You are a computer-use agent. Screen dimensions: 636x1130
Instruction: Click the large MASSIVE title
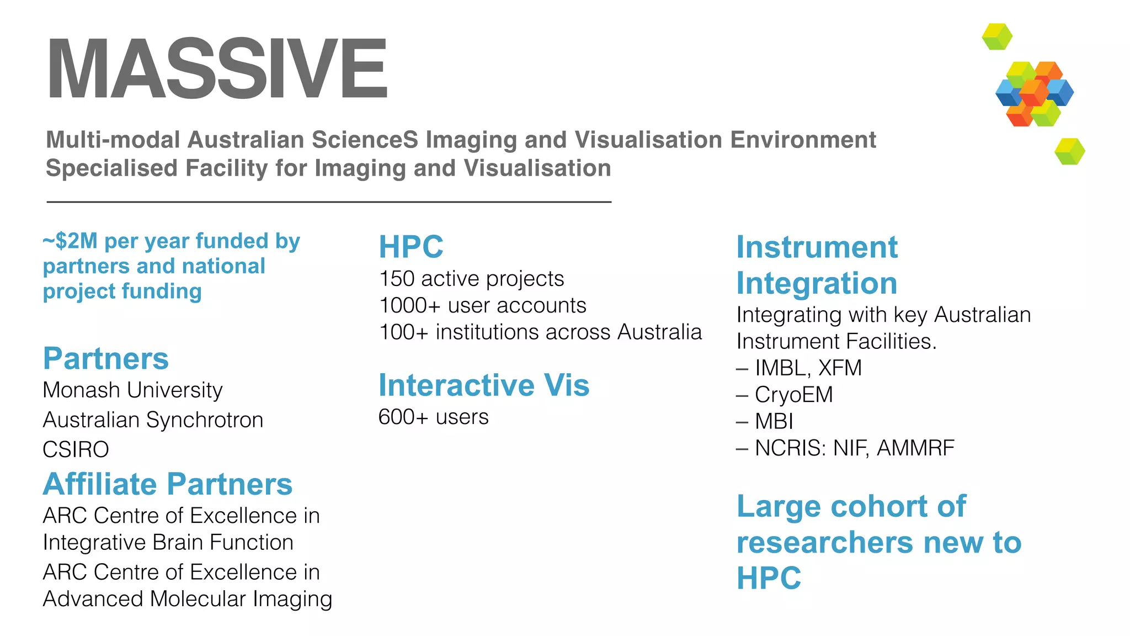coord(217,68)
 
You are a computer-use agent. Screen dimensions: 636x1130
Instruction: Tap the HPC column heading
coord(411,247)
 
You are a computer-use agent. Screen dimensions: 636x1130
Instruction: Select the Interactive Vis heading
coord(483,385)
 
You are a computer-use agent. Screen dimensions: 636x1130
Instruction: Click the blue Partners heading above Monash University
coord(105,359)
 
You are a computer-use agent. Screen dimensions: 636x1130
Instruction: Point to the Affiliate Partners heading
coord(167,484)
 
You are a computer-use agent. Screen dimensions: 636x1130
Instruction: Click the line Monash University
coord(132,390)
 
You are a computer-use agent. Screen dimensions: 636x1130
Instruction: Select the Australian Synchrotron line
coord(153,420)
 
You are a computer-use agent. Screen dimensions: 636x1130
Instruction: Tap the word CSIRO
coord(76,449)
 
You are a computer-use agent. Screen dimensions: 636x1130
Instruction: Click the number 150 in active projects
coord(396,279)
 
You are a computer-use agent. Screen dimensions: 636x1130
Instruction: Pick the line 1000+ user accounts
coord(482,305)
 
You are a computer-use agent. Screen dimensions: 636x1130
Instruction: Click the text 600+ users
coord(433,417)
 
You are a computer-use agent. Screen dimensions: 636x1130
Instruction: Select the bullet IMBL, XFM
coord(807,368)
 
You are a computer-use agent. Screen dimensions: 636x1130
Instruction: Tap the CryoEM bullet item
coord(793,395)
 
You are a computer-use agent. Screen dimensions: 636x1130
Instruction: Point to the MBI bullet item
coord(774,421)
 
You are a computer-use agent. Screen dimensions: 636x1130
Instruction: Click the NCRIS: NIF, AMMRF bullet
coord(854,448)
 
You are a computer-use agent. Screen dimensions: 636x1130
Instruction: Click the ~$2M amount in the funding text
coord(70,241)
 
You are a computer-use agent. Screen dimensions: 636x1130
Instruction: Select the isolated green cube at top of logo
coord(997,36)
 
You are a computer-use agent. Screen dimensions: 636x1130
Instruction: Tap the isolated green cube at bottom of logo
coord(1069,151)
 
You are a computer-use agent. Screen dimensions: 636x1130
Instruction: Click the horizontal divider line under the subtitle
coord(329,202)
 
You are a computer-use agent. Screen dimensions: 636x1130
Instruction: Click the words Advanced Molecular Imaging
coord(187,599)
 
